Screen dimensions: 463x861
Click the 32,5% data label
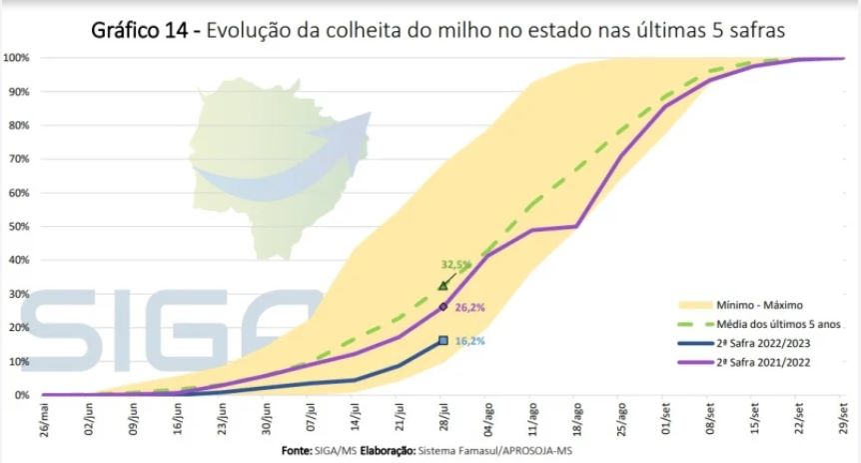click(457, 265)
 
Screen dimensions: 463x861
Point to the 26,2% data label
click(469, 308)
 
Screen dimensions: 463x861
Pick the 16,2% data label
click(470, 341)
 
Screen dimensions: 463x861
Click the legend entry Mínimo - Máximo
click(761, 304)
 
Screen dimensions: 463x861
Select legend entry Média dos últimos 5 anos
click(778, 323)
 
